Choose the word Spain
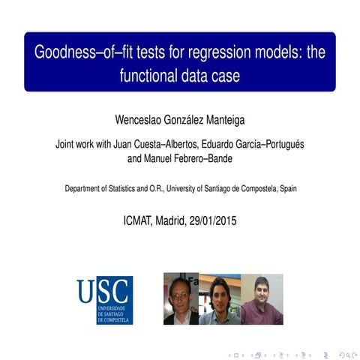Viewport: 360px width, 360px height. click(286, 189)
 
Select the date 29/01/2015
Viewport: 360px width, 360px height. click(212, 221)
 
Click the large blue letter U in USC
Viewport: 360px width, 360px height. click(86, 291)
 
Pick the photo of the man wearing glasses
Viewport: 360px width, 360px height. click(181, 298)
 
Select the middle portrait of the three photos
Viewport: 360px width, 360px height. click(220, 299)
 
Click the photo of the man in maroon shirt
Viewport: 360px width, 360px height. click(262, 299)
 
